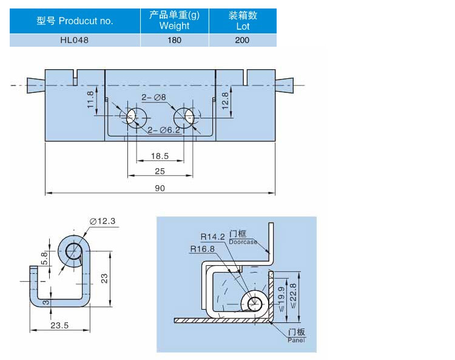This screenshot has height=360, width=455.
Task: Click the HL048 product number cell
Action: tap(74, 40)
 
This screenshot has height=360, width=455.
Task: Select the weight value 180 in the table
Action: tap(174, 40)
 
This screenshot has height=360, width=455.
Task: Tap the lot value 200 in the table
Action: tap(242, 40)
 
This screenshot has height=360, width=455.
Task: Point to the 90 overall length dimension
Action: tap(160, 188)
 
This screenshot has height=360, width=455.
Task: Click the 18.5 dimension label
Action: tap(160, 156)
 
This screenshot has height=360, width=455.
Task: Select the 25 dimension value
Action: tap(160, 171)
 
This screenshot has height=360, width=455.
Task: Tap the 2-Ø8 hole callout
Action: tap(154, 97)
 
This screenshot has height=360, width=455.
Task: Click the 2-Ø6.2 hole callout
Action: tap(164, 130)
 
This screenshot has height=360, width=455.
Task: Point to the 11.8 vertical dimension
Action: tap(90, 100)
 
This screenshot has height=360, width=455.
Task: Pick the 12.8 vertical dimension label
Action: tap(225, 101)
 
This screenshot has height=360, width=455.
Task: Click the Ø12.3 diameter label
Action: tap(103, 221)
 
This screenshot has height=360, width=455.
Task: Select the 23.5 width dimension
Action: tap(59, 325)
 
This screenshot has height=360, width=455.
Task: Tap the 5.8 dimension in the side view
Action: tap(44, 258)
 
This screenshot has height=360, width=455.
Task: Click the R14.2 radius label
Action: tap(213, 237)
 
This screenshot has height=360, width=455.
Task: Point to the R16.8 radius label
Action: tap(202, 249)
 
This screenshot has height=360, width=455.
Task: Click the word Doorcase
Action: tap(243, 242)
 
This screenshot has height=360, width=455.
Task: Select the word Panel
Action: tap(296, 340)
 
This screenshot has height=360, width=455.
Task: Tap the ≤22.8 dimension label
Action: tap(293, 296)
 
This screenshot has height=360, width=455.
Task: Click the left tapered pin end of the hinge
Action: tap(36, 86)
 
